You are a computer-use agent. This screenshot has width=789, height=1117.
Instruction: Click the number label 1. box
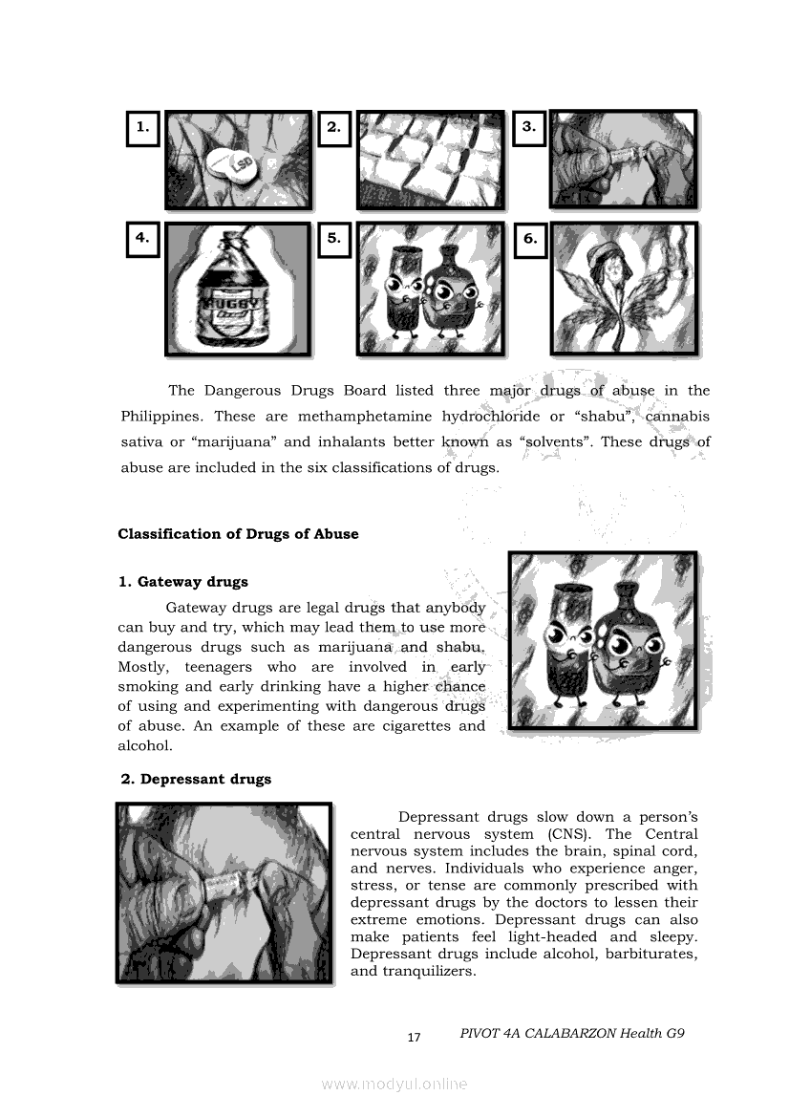[142, 127]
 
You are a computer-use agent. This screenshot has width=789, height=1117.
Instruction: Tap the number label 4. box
[142, 239]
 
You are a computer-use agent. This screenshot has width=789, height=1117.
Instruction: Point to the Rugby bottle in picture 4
[233, 292]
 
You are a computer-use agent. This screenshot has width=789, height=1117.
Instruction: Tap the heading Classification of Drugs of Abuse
[238, 534]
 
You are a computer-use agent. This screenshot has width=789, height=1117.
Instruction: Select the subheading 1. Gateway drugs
[183, 582]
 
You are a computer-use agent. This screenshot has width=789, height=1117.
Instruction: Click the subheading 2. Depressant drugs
[196, 779]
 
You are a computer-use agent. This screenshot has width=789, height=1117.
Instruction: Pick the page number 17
[414, 1037]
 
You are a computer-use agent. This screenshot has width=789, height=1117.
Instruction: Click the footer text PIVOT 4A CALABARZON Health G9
[572, 1034]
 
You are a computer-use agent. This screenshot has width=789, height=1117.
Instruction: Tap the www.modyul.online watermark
[394, 1084]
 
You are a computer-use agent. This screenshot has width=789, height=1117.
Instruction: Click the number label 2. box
[334, 127]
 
